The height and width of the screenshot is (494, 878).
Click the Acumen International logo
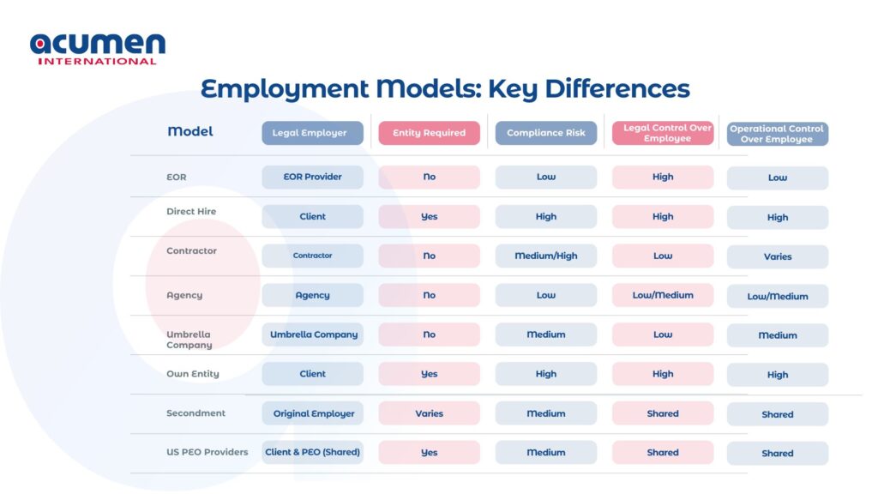98,49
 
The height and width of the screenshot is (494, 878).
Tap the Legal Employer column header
312,133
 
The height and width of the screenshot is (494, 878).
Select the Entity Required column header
429,133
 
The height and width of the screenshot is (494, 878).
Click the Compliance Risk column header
546,133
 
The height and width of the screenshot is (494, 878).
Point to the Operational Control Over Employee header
777,134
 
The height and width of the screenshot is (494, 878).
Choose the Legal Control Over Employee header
663,133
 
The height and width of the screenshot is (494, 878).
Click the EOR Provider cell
312,177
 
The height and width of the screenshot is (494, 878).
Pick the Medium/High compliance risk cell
546,256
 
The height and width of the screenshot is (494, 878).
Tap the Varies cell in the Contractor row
777,256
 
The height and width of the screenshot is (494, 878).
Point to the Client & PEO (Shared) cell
312,453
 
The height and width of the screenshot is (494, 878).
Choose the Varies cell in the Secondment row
429,413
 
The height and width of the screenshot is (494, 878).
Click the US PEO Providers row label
207,452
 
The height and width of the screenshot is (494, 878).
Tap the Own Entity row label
193,374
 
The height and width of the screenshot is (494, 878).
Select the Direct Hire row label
191,211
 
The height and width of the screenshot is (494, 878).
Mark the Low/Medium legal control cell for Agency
663,295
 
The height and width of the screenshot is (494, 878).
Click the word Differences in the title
617,88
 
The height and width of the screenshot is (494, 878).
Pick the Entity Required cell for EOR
429,177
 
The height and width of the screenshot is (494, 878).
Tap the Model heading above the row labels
190,131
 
